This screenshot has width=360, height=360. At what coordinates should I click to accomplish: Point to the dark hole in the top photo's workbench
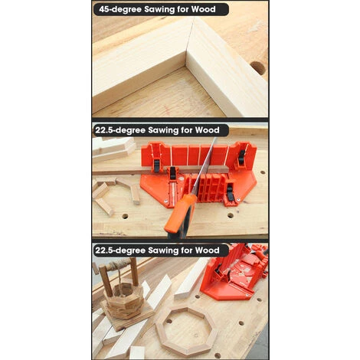pyautogui.click(x=258, y=67)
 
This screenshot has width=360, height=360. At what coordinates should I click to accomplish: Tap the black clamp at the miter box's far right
pyautogui.click(x=242, y=157)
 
